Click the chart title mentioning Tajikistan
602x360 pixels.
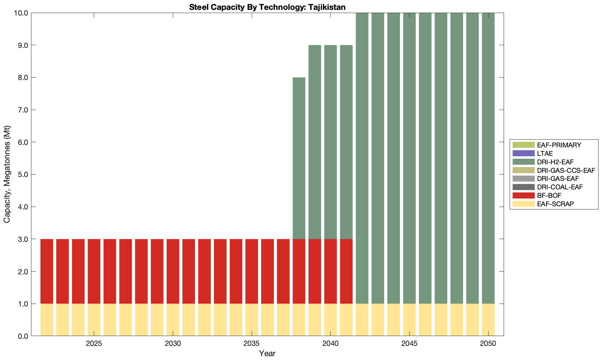click(267, 7)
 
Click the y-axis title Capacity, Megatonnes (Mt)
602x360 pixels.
click(7, 175)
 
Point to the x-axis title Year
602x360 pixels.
click(267, 353)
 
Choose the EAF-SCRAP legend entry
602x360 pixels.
click(555, 204)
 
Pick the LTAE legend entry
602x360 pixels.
click(545, 153)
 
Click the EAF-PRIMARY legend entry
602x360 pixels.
click(559, 145)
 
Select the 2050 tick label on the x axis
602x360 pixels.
click(488, 343)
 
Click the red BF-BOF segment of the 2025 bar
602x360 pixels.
click(94, 271)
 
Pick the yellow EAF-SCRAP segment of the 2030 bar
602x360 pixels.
click(173, 319)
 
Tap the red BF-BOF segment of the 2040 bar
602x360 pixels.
click(331, 271)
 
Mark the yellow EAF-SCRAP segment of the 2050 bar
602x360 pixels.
click(488, 319)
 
